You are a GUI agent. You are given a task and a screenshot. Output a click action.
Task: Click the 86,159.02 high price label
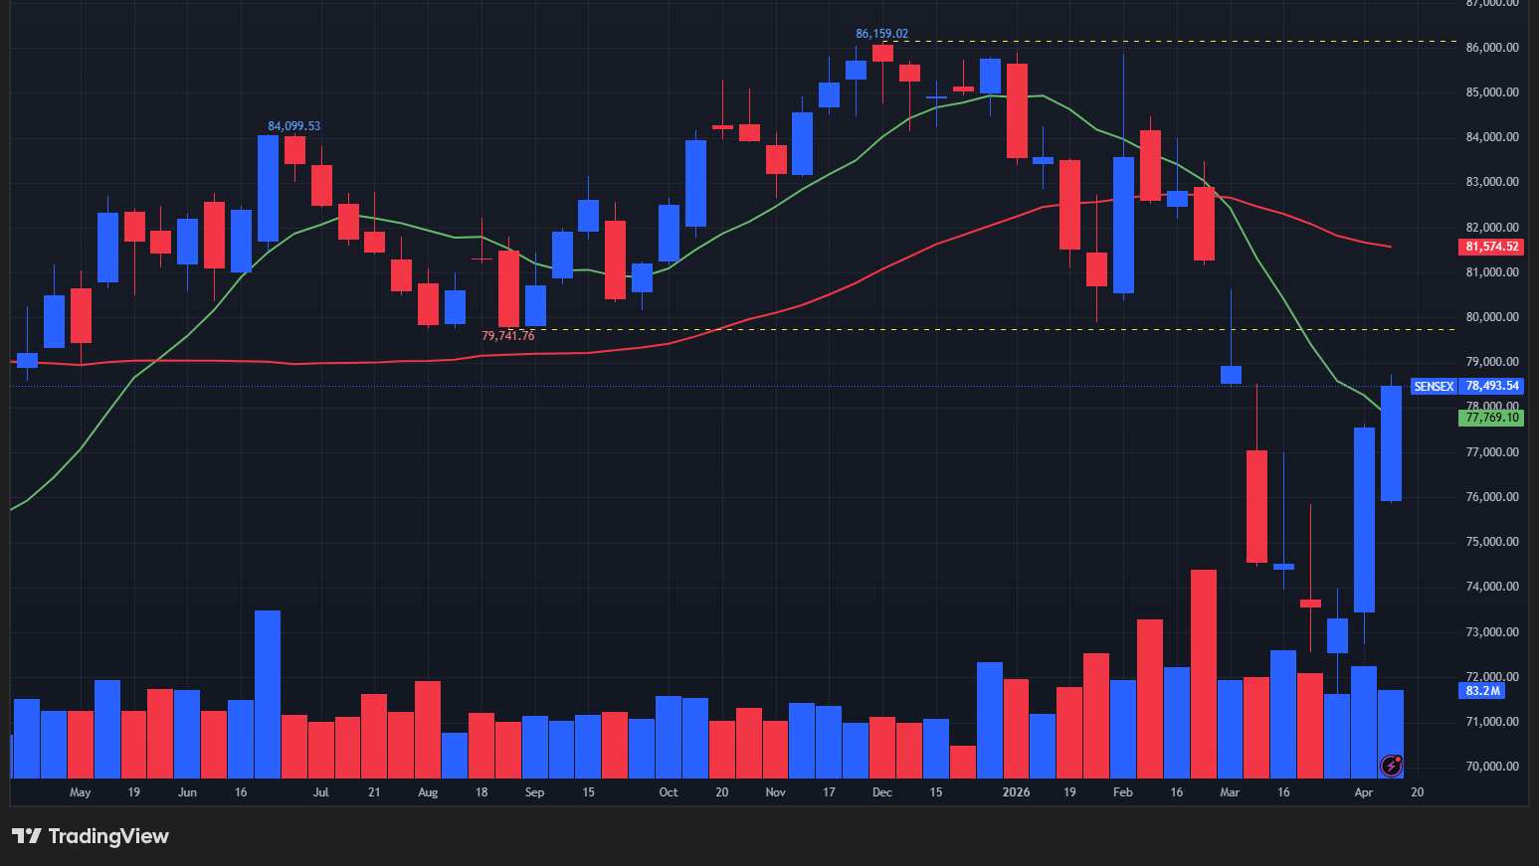click(x=881, y=34)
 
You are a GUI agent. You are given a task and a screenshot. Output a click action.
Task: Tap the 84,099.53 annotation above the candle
click(x=293, y=126)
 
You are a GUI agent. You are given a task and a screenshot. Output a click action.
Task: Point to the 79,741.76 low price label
click(x=507, y=336)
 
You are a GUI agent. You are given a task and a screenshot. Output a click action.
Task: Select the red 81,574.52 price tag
click(x=1491, y=247)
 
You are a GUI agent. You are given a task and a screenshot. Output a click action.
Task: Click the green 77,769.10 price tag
click(x=1491, y=418)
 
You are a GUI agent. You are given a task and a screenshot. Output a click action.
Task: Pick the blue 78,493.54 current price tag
click(x=1491, y=386)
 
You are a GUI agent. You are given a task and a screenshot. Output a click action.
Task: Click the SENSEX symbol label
click(x=1434, y=386)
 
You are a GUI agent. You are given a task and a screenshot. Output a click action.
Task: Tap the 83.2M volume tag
click(x=1482, y=691)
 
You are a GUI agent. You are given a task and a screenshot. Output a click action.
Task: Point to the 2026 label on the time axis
click(x=1016, y=792)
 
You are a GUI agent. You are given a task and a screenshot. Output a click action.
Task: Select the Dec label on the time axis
click(x=881, y=792)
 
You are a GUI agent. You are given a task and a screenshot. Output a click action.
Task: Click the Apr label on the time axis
click(x=1363, y=792)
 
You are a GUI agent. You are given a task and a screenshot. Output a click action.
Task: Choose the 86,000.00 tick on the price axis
click(x=1491, y=48)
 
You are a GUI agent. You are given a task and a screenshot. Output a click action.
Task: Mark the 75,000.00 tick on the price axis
click(x=1491, y=542)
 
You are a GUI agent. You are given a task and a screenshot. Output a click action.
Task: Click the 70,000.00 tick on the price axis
click(x=1491, y=767)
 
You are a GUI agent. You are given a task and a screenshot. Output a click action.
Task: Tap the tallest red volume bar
click(x=1204, y=673)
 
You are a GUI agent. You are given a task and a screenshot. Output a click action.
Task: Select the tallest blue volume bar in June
click(x=268, y=694)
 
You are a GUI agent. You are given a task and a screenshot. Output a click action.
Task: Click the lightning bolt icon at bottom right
click(x=1392, y=765)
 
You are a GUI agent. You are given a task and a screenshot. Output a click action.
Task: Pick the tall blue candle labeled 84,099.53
click(x=268, y=189)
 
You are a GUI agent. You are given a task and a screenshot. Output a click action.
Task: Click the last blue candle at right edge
click(x=1391, y=443)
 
